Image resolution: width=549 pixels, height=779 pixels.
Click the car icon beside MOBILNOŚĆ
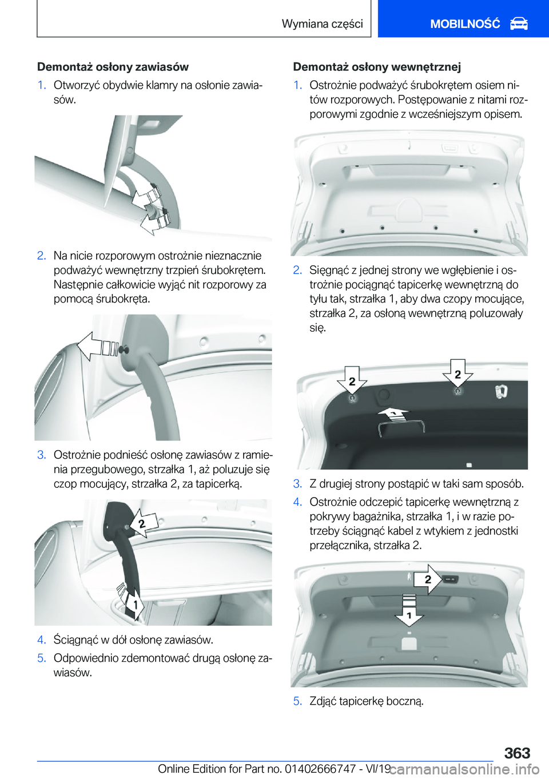[x=519, y=24]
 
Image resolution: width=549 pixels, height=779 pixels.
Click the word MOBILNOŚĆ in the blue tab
[x=465, y=24]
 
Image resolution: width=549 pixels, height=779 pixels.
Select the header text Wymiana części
[x=323, y=23]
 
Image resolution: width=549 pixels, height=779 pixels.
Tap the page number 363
[x=517, y=753]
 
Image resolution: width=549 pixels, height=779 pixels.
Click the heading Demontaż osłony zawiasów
[x=113, y=66]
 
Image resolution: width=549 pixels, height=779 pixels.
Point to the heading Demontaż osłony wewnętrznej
[x=377, y=66]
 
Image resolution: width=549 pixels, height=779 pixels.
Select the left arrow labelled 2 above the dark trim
[x=352, y=380]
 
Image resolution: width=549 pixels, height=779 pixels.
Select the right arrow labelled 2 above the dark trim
[x=457, y=373]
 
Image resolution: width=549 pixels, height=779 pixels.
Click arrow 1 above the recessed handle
[x=393, y=414]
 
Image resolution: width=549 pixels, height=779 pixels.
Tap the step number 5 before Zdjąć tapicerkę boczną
[x=297, y=701]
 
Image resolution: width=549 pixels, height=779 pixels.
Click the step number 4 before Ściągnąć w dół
[x=41, y=640]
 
